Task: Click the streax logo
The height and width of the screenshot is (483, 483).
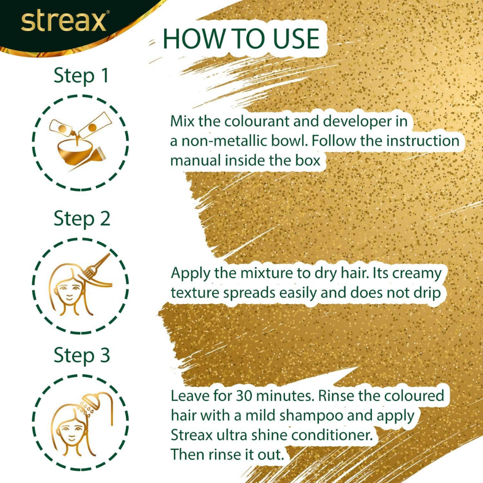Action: click(x=64, y=22)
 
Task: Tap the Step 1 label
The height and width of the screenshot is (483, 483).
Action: click(x=81, y=76)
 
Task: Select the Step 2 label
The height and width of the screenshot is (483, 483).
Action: click(x=82, y=218)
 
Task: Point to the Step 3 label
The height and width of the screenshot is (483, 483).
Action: click(x=82, y=355)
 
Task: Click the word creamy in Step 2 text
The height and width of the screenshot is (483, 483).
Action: click(x=416, y=273)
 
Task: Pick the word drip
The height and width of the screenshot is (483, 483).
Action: click(x=425, y=293)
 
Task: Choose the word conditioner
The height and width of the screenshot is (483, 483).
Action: click(x=330, y=435)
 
